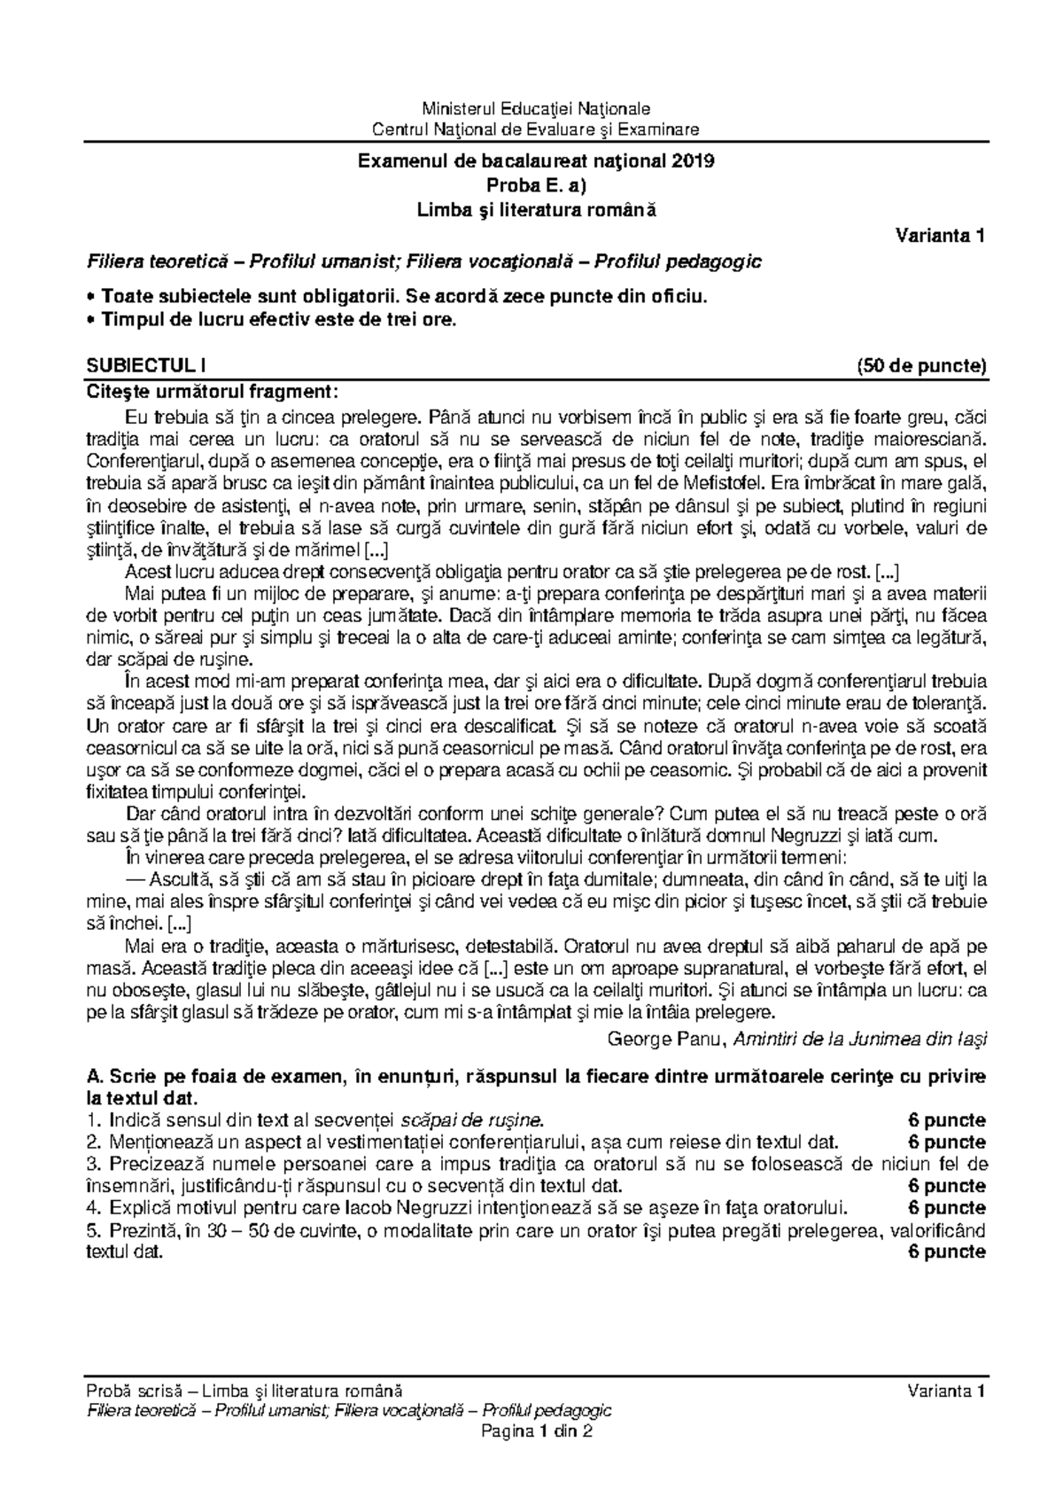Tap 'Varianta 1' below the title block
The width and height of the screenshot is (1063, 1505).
[x=940, y=236]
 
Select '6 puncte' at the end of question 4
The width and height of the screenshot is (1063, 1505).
[x=947, y=1208]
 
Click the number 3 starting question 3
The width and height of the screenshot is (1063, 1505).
[x=90, y=1164]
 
